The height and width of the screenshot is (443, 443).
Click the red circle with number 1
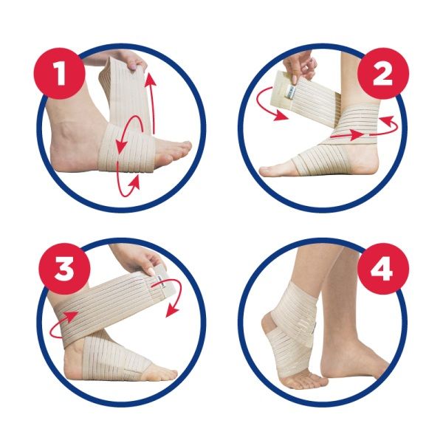(60, 73)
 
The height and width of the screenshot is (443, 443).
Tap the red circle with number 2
(383, 73)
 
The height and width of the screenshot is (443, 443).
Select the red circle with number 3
(65, 269)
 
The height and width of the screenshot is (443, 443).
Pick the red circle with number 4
(383, 269)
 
